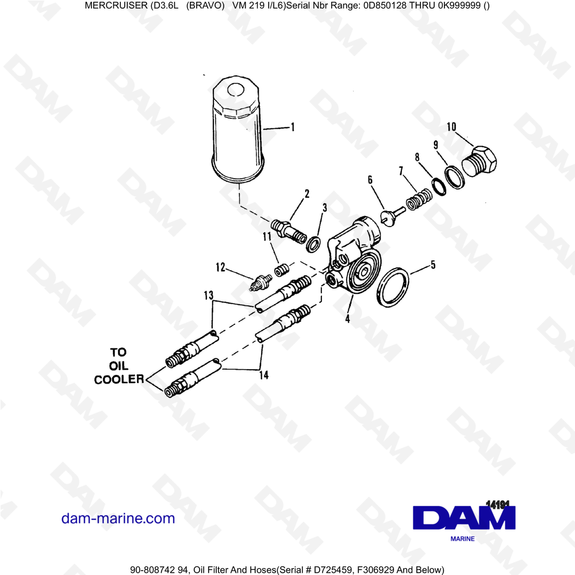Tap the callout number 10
coord(451,127)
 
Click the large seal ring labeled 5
coord(393,288)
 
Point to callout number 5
coord(433,264)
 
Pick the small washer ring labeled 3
coord(313,244)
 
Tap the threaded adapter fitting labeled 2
coord(289,231)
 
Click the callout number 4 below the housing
coord(348,319)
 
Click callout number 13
coord(209,295)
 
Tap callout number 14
coord(264,375)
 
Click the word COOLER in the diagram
coord(119,379)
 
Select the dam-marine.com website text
coord(118,519)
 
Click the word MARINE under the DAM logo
coord(462,539)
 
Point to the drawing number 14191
coord(497,504)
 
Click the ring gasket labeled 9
coord(455,178)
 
